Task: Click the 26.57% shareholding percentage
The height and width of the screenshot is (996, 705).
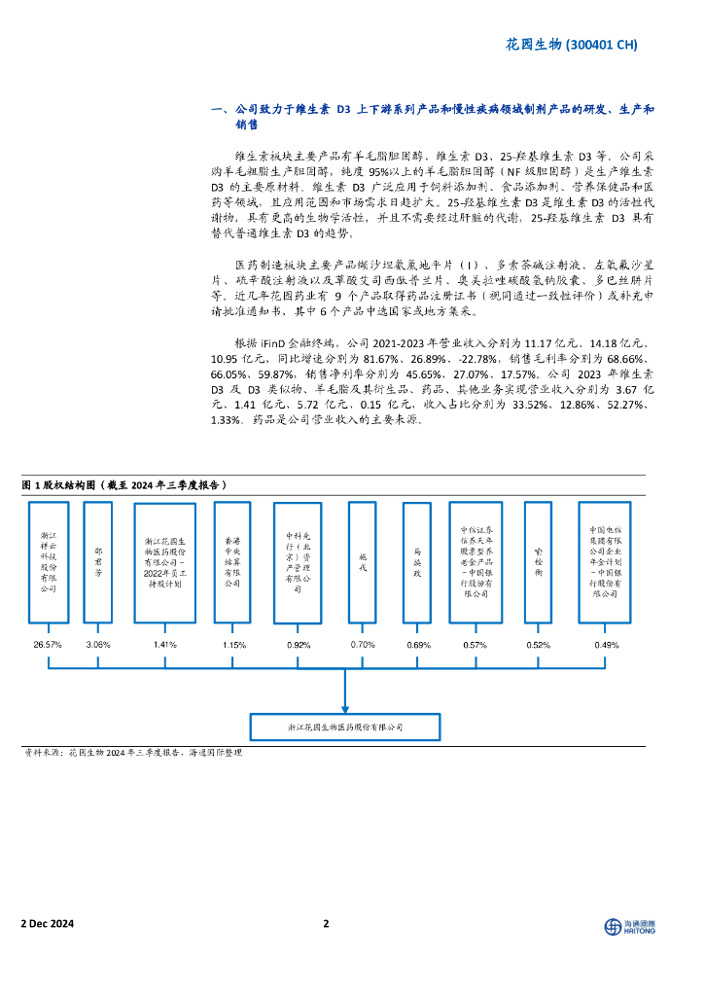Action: coord(48,645)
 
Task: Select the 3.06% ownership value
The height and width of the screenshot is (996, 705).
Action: coord(98,645)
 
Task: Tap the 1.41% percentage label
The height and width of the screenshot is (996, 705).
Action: coord(165,645)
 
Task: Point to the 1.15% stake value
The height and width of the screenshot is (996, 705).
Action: coord(233,645)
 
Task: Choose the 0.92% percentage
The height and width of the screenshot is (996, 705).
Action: coord(298,645)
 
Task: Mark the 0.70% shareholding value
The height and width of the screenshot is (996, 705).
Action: coord(363,645)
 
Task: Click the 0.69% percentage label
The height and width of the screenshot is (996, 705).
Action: coord(418,645)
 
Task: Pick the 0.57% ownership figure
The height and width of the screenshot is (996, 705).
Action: coord(476,645)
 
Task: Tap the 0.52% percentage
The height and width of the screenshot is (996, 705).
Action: coord(538,645)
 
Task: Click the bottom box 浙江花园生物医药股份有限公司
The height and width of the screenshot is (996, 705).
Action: coord(345,727)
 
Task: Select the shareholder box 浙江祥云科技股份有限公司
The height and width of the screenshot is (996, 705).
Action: coord(48,562)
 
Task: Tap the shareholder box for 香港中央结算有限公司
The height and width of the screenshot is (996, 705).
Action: coord(232,562)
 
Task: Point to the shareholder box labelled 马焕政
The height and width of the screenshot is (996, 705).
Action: coord(417,562)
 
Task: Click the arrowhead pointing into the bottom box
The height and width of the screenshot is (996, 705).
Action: coord(345,709)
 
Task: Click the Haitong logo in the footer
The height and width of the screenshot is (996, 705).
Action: coord(629,926)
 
